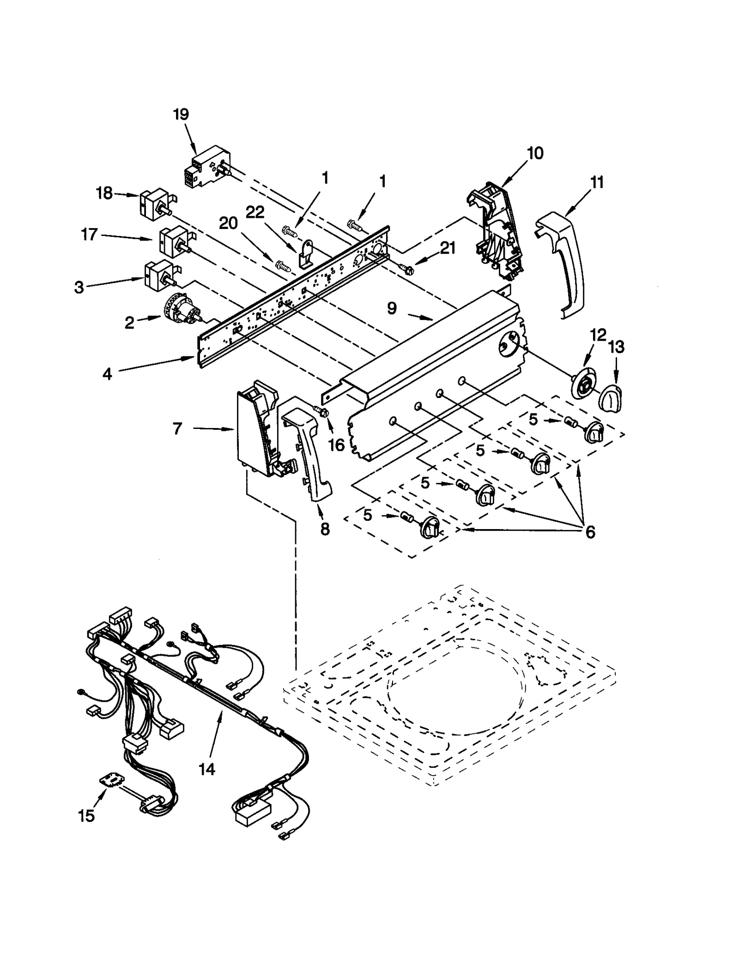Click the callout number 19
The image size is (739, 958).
click(181, 114)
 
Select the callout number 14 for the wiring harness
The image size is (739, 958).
click(207, 769)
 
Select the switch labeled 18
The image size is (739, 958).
click(156, 203)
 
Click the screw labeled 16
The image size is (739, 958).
click(323, 411)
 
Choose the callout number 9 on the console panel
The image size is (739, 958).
click(392, 308)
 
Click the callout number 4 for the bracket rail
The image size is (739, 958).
click(107, 374)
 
